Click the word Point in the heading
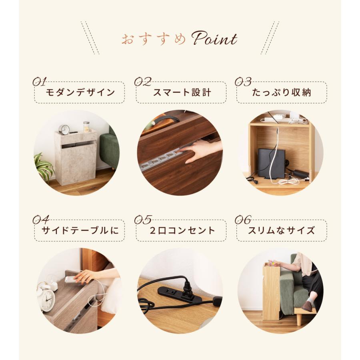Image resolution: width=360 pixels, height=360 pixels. [x=214, y=39]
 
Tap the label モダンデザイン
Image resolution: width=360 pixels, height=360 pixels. [x=80, y=93]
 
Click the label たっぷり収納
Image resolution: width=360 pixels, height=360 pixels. [x=282, y=93]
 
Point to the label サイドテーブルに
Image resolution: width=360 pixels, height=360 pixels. [x=80, y=230]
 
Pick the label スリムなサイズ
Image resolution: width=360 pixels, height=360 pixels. [x=282, y=230]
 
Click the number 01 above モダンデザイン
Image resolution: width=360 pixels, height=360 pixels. [x=40, y=82]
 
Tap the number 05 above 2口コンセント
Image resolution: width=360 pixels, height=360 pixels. [x=143, y=220]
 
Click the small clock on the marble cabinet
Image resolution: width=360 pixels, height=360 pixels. [x=64, y=129]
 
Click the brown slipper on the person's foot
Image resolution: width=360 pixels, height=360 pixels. [x=307, y=306]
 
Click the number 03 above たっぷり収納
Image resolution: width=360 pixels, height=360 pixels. [x=243, y=82]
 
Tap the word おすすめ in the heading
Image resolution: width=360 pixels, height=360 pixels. [x=154, y=40]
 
